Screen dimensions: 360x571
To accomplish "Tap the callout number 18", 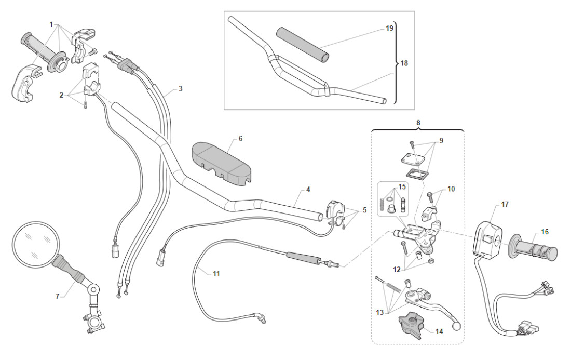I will click(404, 63).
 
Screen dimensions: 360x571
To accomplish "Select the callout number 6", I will click(240, 139).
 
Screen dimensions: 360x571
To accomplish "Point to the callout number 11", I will click(216, 273).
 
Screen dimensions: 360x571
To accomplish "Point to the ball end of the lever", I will click(457, 327).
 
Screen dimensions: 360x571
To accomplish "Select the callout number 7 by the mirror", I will click(58, 296).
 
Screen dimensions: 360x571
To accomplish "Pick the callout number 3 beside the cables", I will click(180, 89).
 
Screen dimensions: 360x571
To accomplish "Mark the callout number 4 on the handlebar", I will click(308, 190).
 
